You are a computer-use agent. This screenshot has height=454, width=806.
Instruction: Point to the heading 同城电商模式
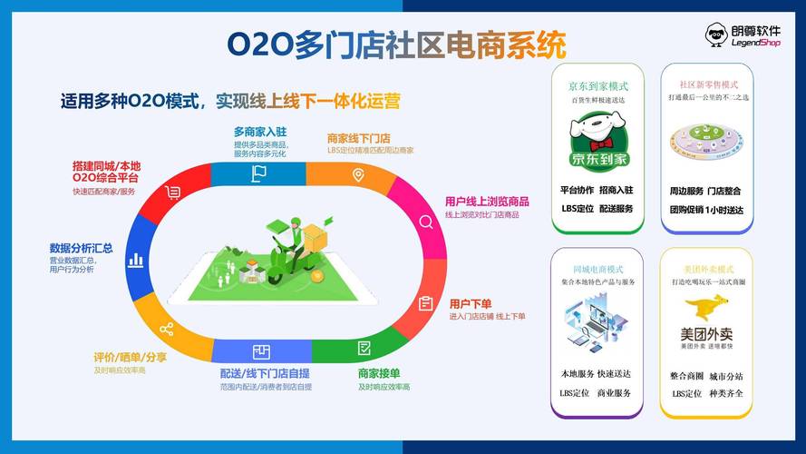pos(598,270)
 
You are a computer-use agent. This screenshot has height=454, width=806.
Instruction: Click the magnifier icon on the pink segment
pos(425,222)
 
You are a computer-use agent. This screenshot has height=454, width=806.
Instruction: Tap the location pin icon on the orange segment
pos(359,174)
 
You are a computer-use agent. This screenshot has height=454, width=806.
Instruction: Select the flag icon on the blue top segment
pos(260,173)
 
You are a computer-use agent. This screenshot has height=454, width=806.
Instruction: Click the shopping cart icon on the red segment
pos(173,192)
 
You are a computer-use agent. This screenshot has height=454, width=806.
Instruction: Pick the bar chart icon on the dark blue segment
pos(136,260)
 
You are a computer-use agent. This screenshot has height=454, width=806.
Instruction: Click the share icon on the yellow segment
pos(166,329)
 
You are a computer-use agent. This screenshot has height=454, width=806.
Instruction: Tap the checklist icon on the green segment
pos(364,348)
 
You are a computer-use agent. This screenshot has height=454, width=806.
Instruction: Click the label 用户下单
pos(470,303)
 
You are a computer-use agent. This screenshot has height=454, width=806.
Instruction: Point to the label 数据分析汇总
pos(82,248)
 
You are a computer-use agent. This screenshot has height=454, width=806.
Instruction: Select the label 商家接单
pos(379,373)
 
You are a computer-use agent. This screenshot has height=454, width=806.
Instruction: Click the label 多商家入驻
pos(259,132)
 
